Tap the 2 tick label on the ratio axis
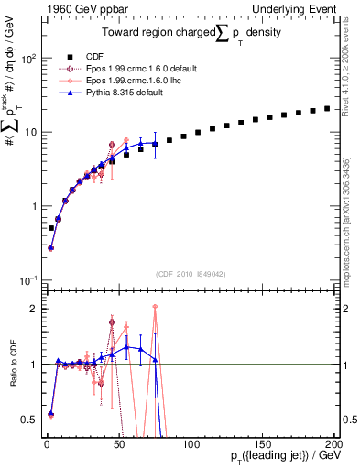pyautogui.click(x=33, y=308)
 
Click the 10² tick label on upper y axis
pyautogui.click(x=27, y=58)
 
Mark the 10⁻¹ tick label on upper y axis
pyautogui.click(x=27, y=280)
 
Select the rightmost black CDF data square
pyautogui.click(x=327, y=108)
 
